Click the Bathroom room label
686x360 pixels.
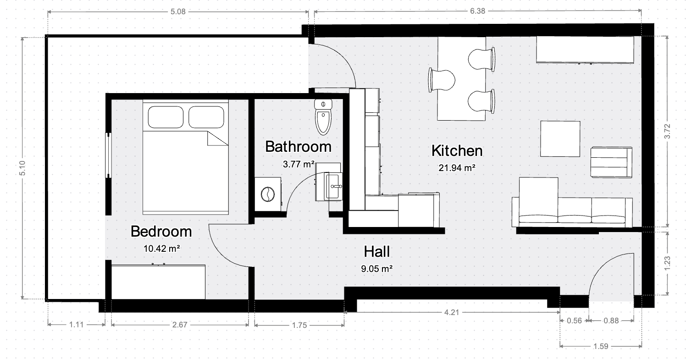(298, 147)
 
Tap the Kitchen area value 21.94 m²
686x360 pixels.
(457, 168)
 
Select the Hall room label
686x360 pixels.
(376, 252)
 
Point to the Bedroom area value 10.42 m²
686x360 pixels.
(162, 249)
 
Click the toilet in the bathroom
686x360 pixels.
(323, 117)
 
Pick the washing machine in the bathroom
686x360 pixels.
(268, 194)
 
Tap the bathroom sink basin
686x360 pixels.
(334, 186)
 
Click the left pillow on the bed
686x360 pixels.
(166, 117)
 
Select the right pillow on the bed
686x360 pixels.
(206, 117)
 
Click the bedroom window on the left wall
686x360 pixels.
(108, 155)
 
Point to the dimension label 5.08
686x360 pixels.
(178, 11)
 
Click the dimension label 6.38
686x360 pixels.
(478, 11)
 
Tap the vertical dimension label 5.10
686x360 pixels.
(22, 168)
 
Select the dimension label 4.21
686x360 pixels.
(452, 312)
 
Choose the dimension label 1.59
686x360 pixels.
(601, 346)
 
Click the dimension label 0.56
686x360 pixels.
(574, 321)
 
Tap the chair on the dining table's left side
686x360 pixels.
(441, 80)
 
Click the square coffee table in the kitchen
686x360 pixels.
(560, 139)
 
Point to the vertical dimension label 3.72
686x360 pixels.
(667, 131)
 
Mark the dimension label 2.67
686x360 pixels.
(180, 325)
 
